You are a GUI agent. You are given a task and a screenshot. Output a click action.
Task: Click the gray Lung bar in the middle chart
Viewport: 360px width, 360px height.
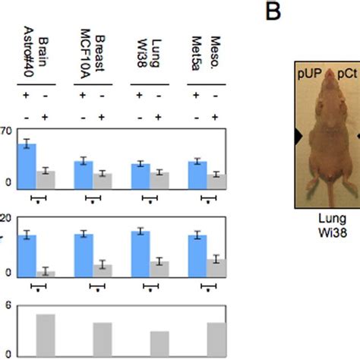(x=159, y=267)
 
